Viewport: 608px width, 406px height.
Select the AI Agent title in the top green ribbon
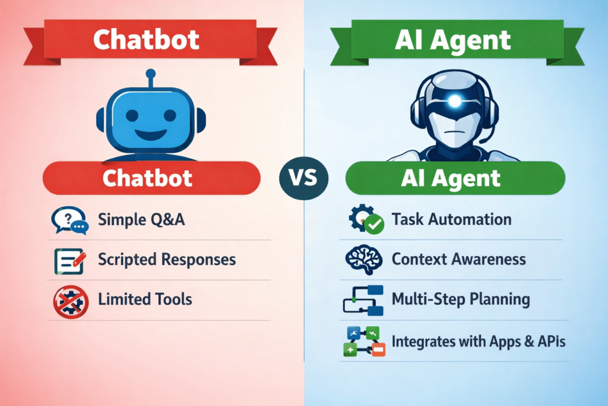click(452, 40)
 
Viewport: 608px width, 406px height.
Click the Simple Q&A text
click(141, 220)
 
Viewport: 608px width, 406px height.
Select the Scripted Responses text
click(167, 260)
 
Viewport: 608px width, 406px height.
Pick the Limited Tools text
click(145, 299)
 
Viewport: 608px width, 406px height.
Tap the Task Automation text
click(451, 219)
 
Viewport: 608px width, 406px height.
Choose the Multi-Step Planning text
click(461, 298)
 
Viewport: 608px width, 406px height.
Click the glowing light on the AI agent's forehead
click(455, 101)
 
